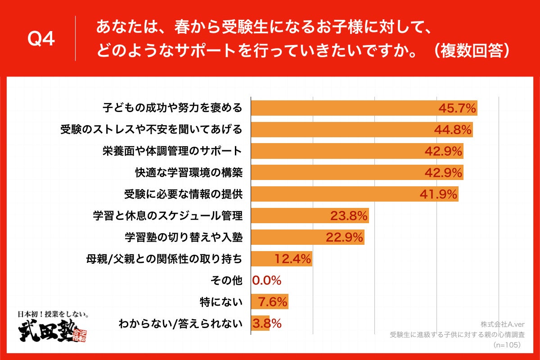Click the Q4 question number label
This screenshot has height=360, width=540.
coord(41,40)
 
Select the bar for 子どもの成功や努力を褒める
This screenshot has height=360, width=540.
coord(342,108)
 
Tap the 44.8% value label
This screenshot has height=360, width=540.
coord(453,130)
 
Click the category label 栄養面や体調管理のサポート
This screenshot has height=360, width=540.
coord(172,151)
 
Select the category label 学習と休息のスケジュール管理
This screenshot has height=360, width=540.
coord(167,216)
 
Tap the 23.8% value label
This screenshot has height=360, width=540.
coord(349,216)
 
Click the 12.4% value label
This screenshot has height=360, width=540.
coord(292,259)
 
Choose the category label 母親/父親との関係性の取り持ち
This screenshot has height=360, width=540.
coord(164,259)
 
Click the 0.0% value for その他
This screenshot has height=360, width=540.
coord(267,281)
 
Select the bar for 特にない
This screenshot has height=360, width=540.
coord(269,301)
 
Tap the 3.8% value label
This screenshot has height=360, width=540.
coord(267,323)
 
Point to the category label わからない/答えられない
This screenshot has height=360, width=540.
coord(180,323)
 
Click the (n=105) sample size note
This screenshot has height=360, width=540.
coord(507,345)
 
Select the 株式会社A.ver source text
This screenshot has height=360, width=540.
coord(499,324)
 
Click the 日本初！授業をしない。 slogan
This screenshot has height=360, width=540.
coord(52,314)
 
